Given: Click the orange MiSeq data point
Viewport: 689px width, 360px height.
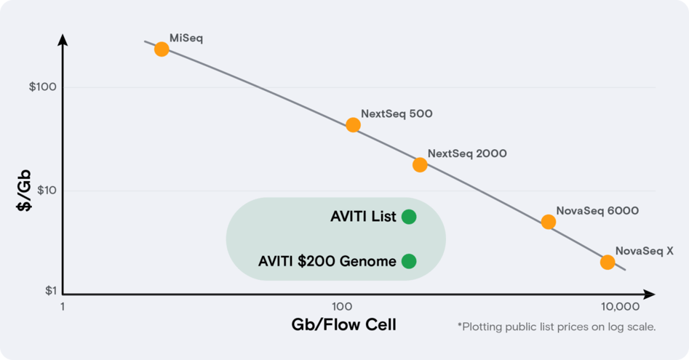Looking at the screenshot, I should click(162, 49).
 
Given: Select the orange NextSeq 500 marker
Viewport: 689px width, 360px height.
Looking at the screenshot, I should click(353, 124).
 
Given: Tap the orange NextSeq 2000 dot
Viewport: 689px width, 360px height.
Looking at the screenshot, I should click(420, 164).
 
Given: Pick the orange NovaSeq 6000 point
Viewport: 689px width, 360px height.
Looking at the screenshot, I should click(549, 222).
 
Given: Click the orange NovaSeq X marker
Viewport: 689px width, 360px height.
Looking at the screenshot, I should click(608, 262).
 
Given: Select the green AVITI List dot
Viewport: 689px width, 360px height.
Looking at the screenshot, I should click(409, 217).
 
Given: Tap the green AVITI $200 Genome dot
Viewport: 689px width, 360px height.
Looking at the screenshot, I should click(409, 261).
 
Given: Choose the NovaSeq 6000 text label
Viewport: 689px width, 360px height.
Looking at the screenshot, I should click(597, 211).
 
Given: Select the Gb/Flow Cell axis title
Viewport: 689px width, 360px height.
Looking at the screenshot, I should click(343, 324).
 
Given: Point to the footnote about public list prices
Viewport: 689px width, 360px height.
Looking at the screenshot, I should click(556, 327).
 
